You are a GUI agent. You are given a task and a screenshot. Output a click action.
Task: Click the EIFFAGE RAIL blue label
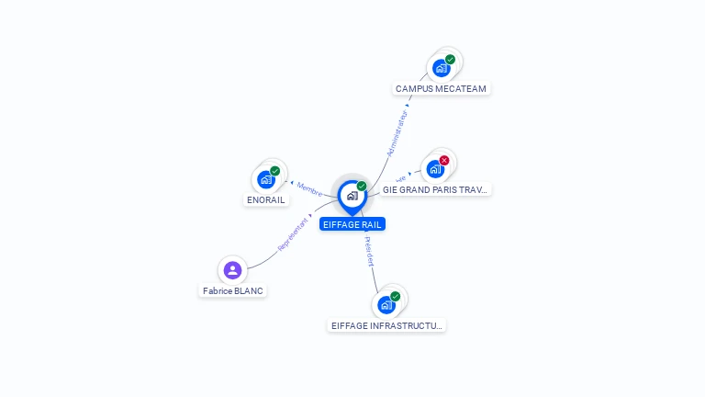[352, 224]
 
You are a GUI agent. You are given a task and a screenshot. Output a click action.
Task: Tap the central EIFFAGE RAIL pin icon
[352, 196]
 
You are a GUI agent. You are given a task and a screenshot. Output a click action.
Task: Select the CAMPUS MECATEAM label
[442, 89]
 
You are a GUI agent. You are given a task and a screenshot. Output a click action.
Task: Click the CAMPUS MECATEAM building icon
[442, 68]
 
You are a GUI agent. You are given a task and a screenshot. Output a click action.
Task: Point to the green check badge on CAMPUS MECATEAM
[450, 60]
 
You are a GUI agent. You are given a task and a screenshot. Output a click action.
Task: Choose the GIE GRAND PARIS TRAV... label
[436, 189]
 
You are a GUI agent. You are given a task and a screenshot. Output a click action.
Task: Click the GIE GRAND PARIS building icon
[435, 169]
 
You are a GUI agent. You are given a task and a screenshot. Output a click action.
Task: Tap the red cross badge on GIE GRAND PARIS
[444, 161]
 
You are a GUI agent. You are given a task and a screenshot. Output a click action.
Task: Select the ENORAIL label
[266, 199]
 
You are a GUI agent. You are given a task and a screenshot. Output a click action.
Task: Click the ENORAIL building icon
[266, 179]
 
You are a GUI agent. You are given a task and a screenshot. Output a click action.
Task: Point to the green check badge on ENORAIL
[274, 171]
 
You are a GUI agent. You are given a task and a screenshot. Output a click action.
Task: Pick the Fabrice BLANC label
[233, 291]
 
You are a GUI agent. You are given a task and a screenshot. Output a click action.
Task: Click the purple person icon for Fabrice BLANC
[232, 270]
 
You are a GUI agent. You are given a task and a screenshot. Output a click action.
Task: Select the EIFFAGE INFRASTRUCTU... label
[386, 325]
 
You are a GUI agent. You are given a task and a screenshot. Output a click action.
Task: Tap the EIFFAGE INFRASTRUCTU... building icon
[386, 304]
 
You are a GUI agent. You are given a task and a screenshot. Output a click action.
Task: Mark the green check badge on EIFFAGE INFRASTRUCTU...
[395, 296]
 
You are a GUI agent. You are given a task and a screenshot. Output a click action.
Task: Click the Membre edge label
[309, 189]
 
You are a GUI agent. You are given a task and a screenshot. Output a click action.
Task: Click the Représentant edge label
[293, 233]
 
